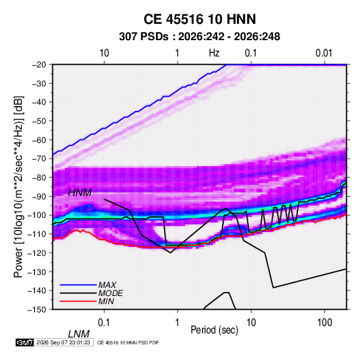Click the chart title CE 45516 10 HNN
[199, 19]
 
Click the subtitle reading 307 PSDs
[144, 37]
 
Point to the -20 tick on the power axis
[39, 65]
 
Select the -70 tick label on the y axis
[39, 159]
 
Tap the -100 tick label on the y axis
[37, 215]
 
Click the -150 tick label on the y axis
[37, 310]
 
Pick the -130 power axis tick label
[37, 272]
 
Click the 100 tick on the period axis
[325, 323]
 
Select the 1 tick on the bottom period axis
[178, 323]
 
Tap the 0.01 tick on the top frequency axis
[324, 53]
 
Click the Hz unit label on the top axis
[214, 53]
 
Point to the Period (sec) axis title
[214, 330]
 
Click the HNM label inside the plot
[80, 193]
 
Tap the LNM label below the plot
[79, 334]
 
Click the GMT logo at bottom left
[25, 342]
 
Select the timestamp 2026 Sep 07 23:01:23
[63, 342]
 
